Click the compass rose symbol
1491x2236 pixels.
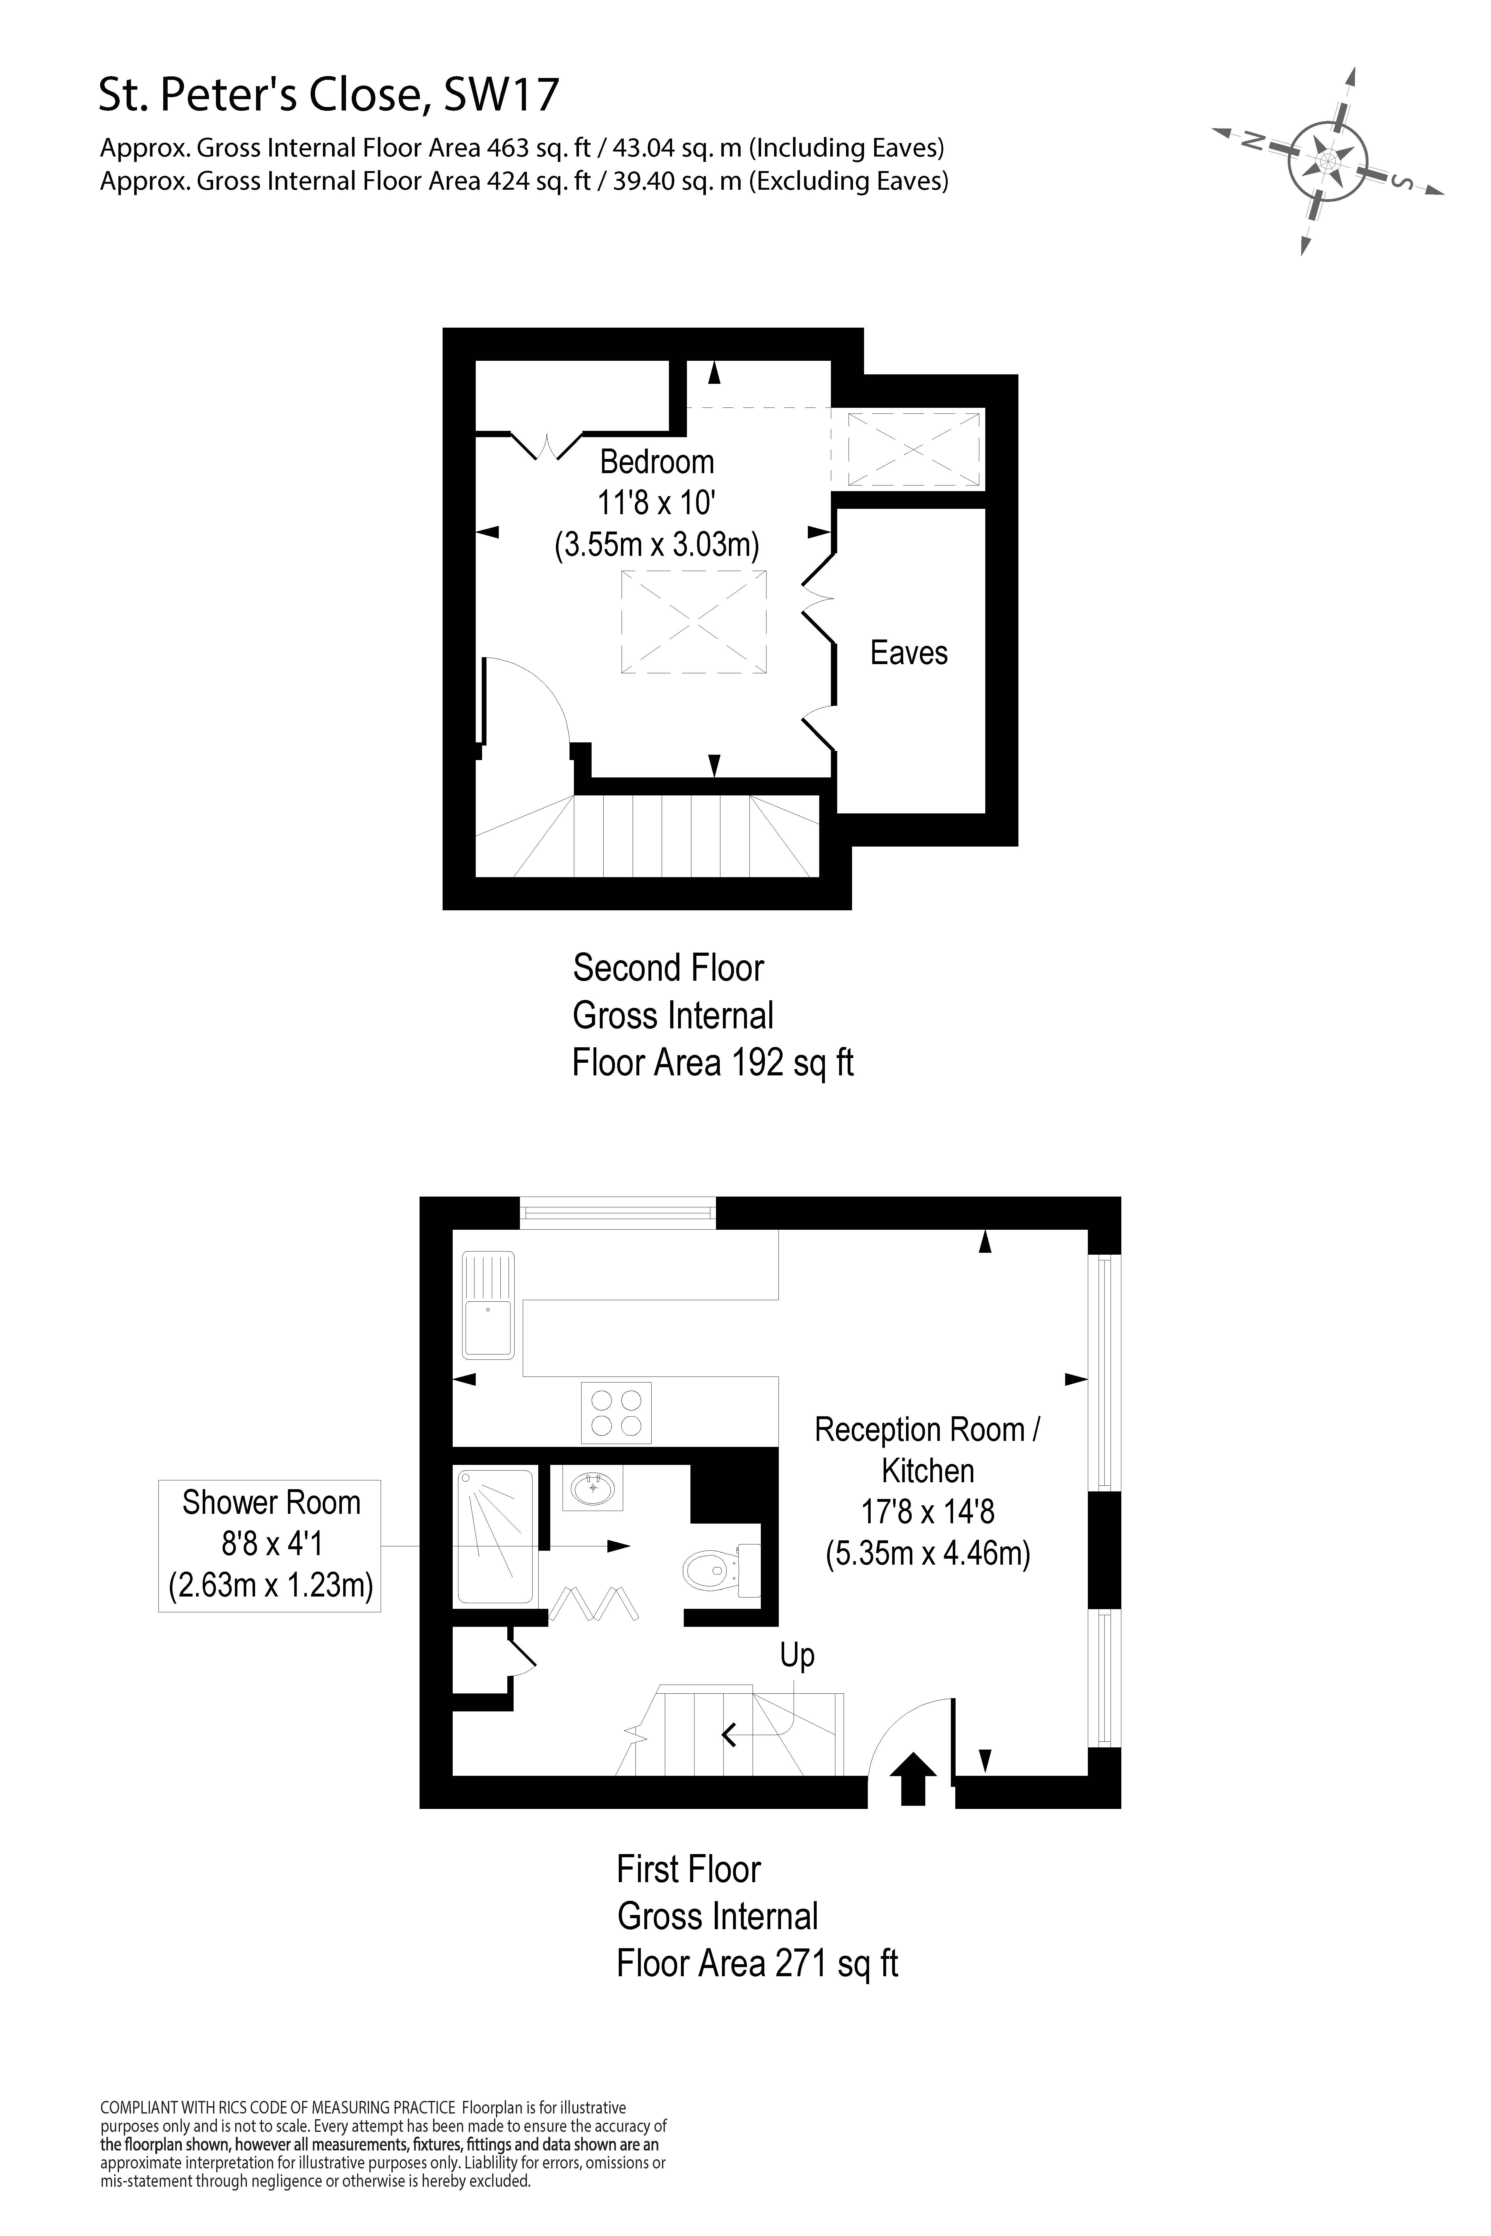point(1327,160)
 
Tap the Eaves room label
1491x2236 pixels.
point(909,653)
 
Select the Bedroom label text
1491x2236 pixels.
point(656,462)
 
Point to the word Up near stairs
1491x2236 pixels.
point(797,1655)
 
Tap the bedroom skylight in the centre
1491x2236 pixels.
point(694,623)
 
